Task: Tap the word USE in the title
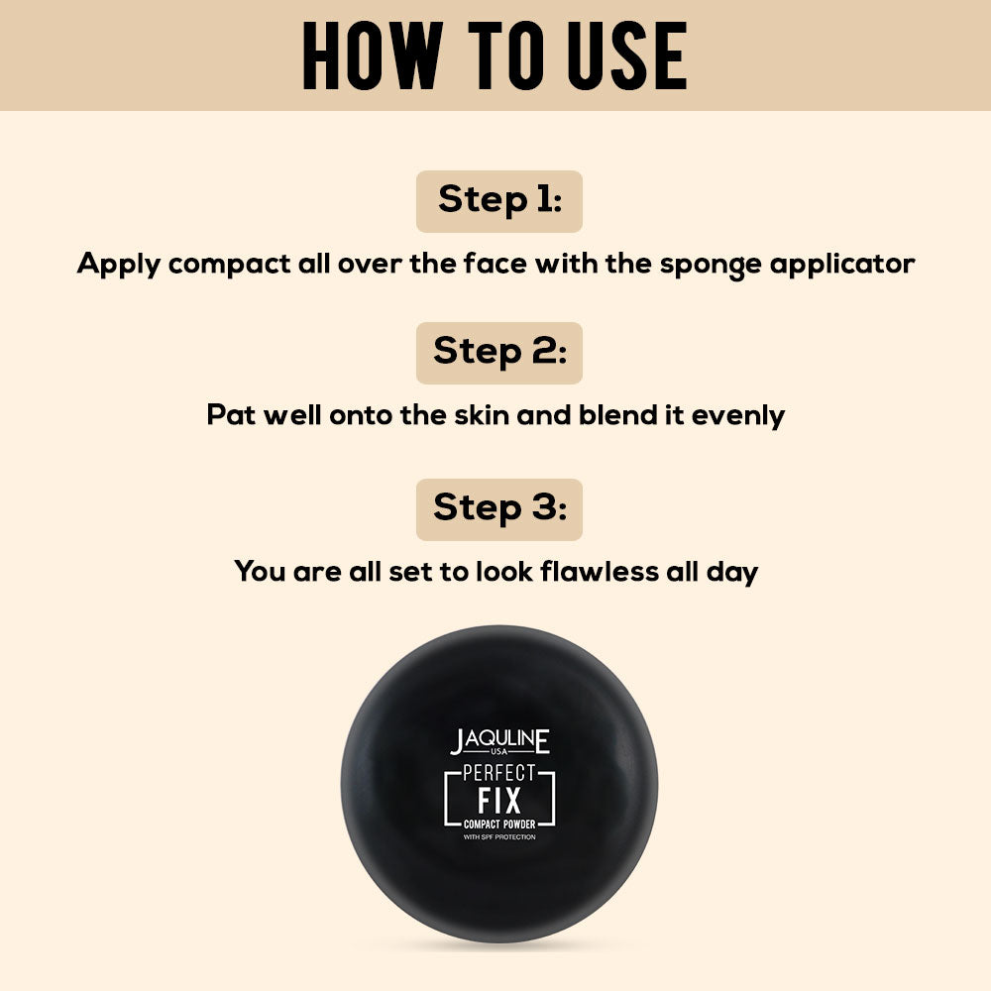tap(626, 55)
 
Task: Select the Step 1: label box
tap(499, 201)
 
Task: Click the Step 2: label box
tap(499, 353)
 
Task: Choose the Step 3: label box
tap(499, 509)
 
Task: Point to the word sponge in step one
tap(711, 265)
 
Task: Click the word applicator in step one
tap(842, 265)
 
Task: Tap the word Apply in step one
tap(118, 265)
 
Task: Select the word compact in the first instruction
tap(230, 265)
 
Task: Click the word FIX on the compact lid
tap(499, 800)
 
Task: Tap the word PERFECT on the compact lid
tap(499, 772)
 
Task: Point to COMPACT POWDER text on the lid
tap(499, 825)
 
